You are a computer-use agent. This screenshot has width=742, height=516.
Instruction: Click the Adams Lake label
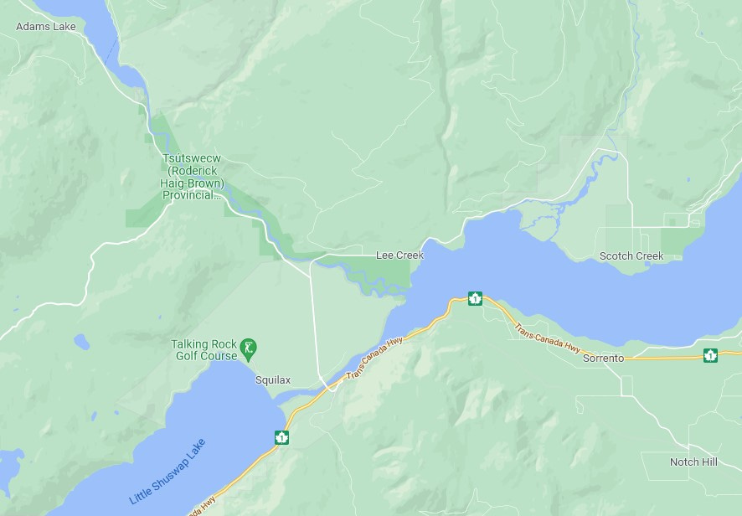45,27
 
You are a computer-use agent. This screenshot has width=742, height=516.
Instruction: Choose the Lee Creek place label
399,255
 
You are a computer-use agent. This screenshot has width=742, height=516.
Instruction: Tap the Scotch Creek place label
631,256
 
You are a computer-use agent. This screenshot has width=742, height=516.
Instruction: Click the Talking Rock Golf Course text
204,350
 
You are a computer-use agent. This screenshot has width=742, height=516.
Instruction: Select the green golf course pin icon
248,347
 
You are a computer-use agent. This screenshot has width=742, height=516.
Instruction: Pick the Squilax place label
272,380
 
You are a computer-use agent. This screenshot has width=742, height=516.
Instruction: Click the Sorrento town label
603,359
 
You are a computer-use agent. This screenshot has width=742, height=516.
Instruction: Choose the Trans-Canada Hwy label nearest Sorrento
547,338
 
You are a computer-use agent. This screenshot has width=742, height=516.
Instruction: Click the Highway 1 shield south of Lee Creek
475,298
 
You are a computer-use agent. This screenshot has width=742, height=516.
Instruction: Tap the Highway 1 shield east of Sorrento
710,355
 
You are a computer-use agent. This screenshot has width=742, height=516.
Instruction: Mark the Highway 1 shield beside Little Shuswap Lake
281,437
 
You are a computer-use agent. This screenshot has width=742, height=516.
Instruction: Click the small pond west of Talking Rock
81,342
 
